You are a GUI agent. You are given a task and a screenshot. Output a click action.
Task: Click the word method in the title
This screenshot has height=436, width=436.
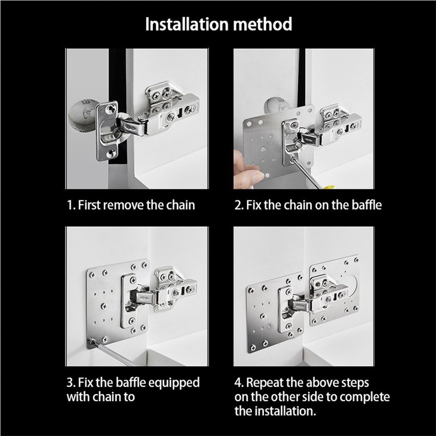[x=263, y=24]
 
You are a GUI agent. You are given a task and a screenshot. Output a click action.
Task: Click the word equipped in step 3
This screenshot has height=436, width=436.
[x=174, y=383]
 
